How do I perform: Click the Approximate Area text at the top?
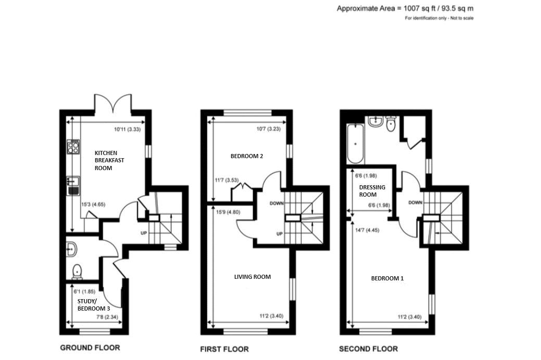405,8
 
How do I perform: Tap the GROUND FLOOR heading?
91,348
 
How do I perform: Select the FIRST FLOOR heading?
224,349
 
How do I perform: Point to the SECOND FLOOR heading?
368,349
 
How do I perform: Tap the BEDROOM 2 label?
247,156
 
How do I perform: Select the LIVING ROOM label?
253,277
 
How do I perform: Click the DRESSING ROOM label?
372,191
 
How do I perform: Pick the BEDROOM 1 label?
387,278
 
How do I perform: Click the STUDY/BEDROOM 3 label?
94,305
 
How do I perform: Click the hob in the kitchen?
73,146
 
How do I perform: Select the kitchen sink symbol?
72,183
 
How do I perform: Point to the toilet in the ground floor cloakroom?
77,271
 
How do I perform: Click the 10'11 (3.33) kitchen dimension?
129,130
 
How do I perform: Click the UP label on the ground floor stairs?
144,233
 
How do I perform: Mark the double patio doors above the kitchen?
113,103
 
